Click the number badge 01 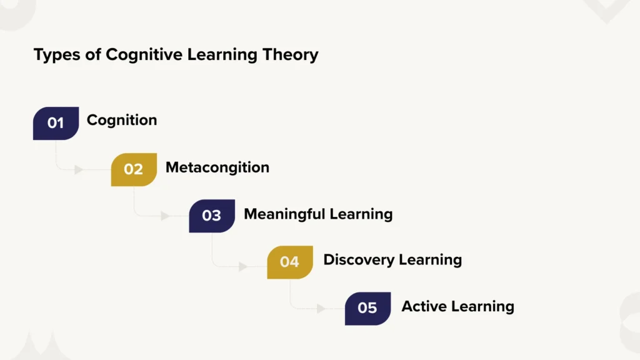56,123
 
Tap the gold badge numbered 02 134,169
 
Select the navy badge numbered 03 212,216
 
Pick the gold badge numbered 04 290,262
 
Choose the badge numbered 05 368,308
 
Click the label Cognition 122,119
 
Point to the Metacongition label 217,167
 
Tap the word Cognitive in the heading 138,56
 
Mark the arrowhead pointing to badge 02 79,169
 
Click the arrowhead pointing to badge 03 165,216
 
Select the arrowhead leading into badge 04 243,267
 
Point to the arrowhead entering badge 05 321,308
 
